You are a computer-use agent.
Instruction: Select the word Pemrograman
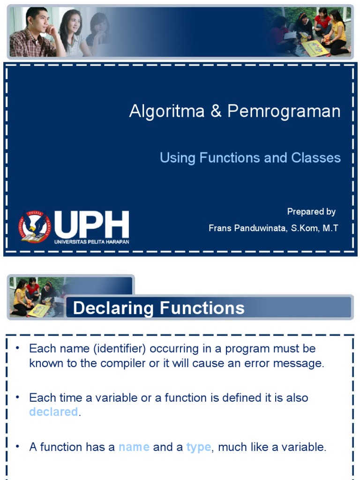click(x=284, y=112)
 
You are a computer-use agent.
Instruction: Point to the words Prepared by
click(x=311, y=212)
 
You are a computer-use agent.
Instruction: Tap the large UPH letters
click(x=91, y=225)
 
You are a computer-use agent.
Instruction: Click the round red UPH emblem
click(x=34, y=226)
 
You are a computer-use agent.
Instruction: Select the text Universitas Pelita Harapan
click(x=91, y=242)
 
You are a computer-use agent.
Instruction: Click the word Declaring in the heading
click(x=113, y=308)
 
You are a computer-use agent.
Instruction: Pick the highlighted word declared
click(x=53, y=412)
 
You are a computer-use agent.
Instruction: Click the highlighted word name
click(x=134, y=447)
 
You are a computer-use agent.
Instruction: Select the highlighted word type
click(x=198, y=447)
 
